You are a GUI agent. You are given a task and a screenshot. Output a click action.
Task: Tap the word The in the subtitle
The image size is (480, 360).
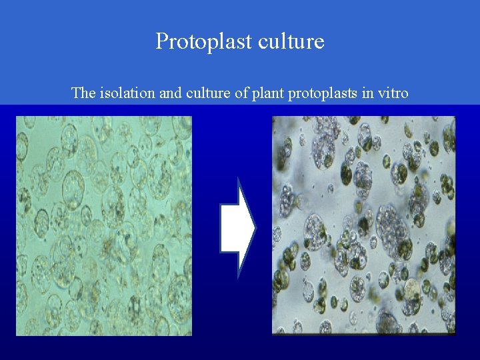84,93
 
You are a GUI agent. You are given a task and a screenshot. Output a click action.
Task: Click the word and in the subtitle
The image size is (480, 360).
170,93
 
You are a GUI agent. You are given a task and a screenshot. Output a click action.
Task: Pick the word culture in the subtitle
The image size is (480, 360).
207,93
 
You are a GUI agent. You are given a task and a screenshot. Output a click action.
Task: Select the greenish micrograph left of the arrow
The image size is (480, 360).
103,225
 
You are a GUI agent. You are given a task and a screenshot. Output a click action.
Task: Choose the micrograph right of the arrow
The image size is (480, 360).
363,225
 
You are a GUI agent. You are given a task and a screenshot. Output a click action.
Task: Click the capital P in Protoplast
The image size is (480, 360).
162,42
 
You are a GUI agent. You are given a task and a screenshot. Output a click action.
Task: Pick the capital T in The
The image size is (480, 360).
75,93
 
